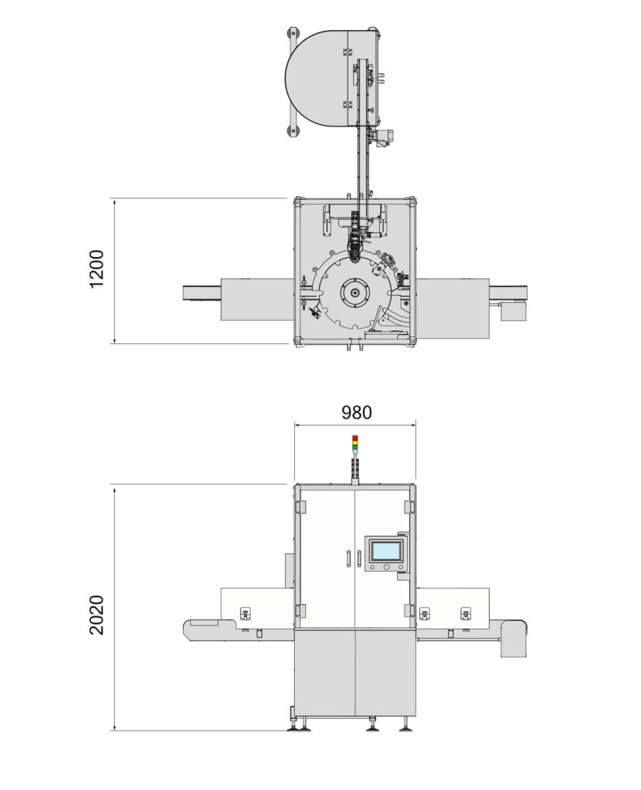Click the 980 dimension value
356,413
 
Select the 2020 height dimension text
97,614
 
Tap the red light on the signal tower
354,437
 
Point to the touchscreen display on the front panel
385,551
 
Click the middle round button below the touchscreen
385,567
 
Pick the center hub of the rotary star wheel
354,293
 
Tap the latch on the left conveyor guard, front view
246,614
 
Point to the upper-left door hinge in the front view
300,507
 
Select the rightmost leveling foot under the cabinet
405,726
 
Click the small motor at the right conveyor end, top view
513,310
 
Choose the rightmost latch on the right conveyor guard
465,614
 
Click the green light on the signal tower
354,447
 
